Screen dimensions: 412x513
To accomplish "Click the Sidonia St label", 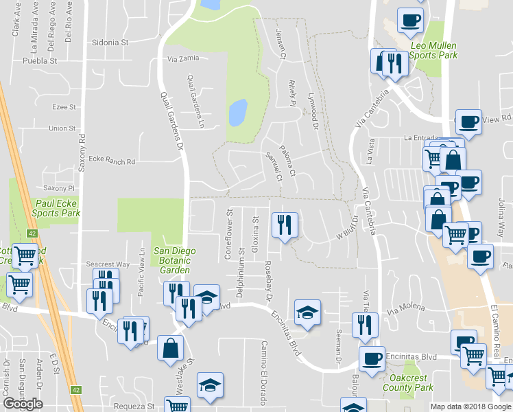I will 110,42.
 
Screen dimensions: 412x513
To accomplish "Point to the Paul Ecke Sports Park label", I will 58,208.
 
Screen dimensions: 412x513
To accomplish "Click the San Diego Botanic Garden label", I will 174,260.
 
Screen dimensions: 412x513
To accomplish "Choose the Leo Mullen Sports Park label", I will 433,50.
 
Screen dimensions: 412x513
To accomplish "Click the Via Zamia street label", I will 182,58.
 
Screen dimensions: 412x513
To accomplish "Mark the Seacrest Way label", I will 108,264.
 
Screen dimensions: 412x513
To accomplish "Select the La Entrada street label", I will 420,137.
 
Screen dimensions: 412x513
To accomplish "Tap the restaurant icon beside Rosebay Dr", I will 284,225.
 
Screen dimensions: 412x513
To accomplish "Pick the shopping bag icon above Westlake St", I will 170,347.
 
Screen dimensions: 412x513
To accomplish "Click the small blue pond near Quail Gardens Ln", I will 237,113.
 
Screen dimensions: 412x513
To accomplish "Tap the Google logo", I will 23,404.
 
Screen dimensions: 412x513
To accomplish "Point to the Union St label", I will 62,128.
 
